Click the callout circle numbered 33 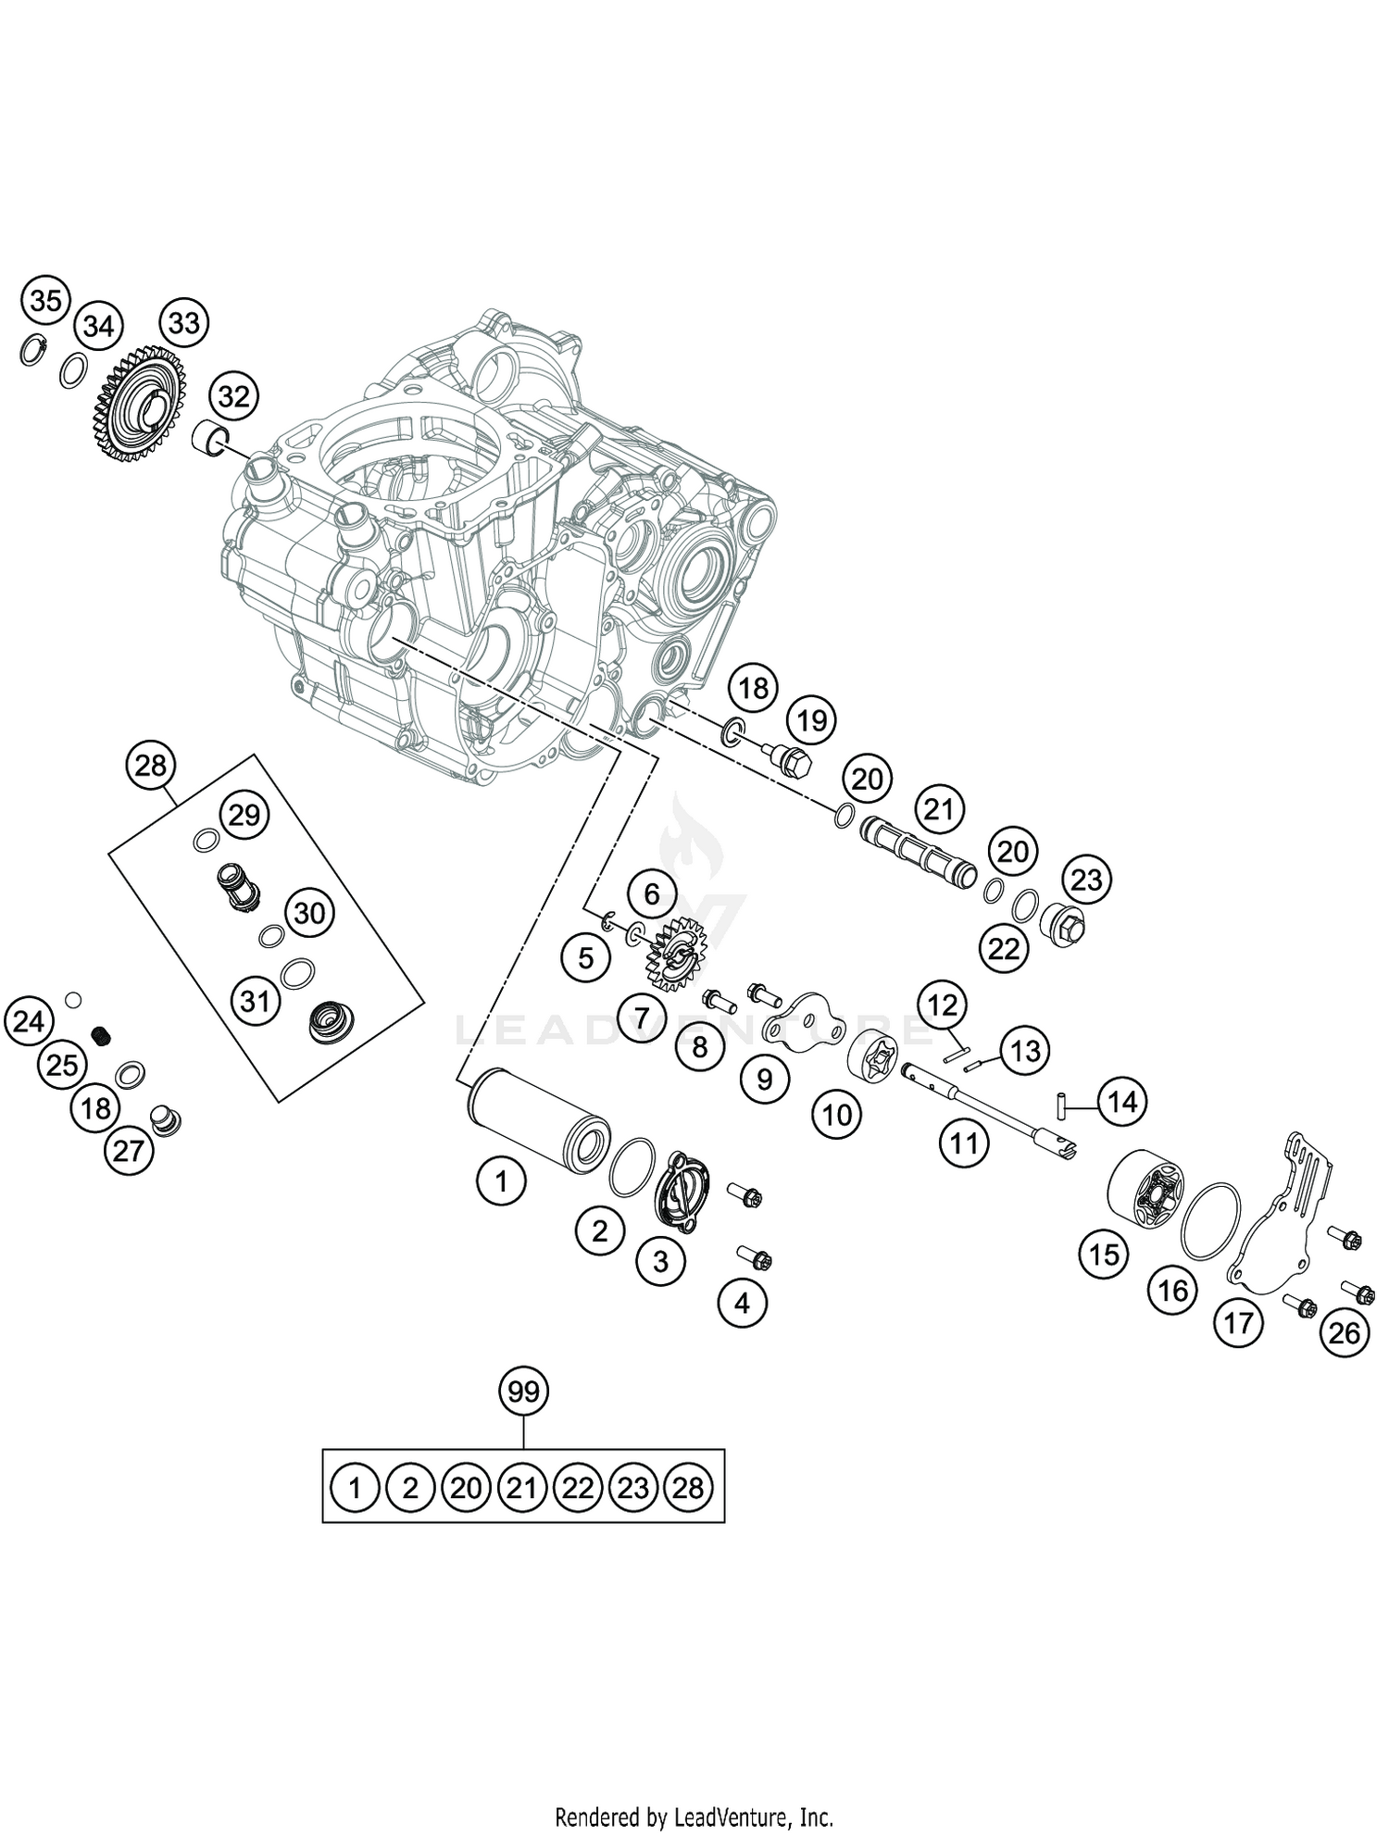coord(183,323)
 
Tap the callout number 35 coord(45,301)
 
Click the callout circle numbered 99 coord(523,1391)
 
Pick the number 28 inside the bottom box coord(688,1488)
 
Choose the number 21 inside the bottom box coord(522,1488)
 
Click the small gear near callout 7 coord(673,951)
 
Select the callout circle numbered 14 coord(1121,1102)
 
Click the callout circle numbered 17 coord(1238,1322)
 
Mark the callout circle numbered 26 coord(1344,1332)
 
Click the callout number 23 coord(1086,879)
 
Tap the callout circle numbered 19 coord(811,719)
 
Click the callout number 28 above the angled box coord(151,766)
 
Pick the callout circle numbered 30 coord(309,913)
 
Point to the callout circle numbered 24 coord(29,1022)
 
